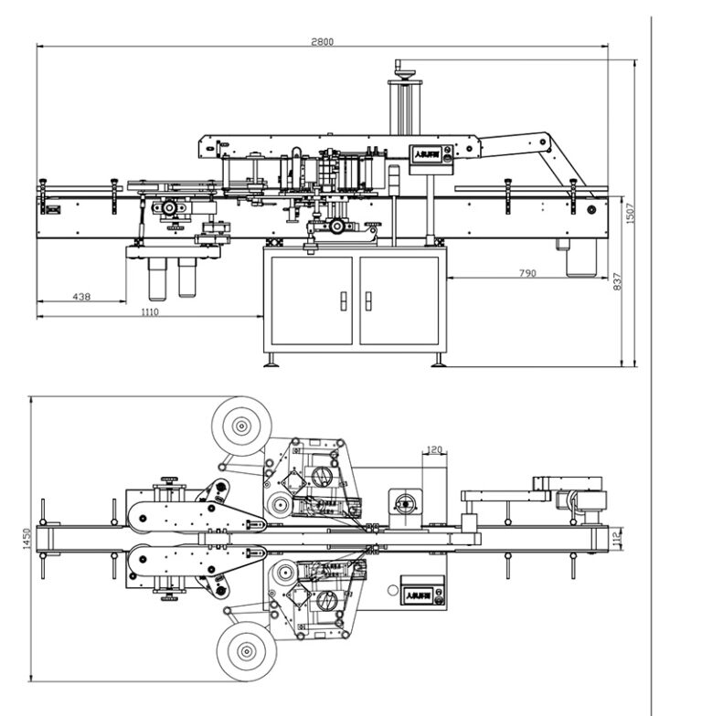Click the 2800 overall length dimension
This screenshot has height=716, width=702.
(322, 41)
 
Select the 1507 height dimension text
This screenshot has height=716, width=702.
(630, 212)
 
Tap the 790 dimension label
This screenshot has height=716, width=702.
(527, 273)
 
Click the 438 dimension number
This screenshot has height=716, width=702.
(81, 297)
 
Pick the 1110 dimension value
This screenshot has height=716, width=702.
(150, 312)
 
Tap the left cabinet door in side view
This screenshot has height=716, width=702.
(312, 300)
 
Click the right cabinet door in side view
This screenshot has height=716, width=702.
(399, 300)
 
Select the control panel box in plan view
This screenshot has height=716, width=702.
(423, 594)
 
